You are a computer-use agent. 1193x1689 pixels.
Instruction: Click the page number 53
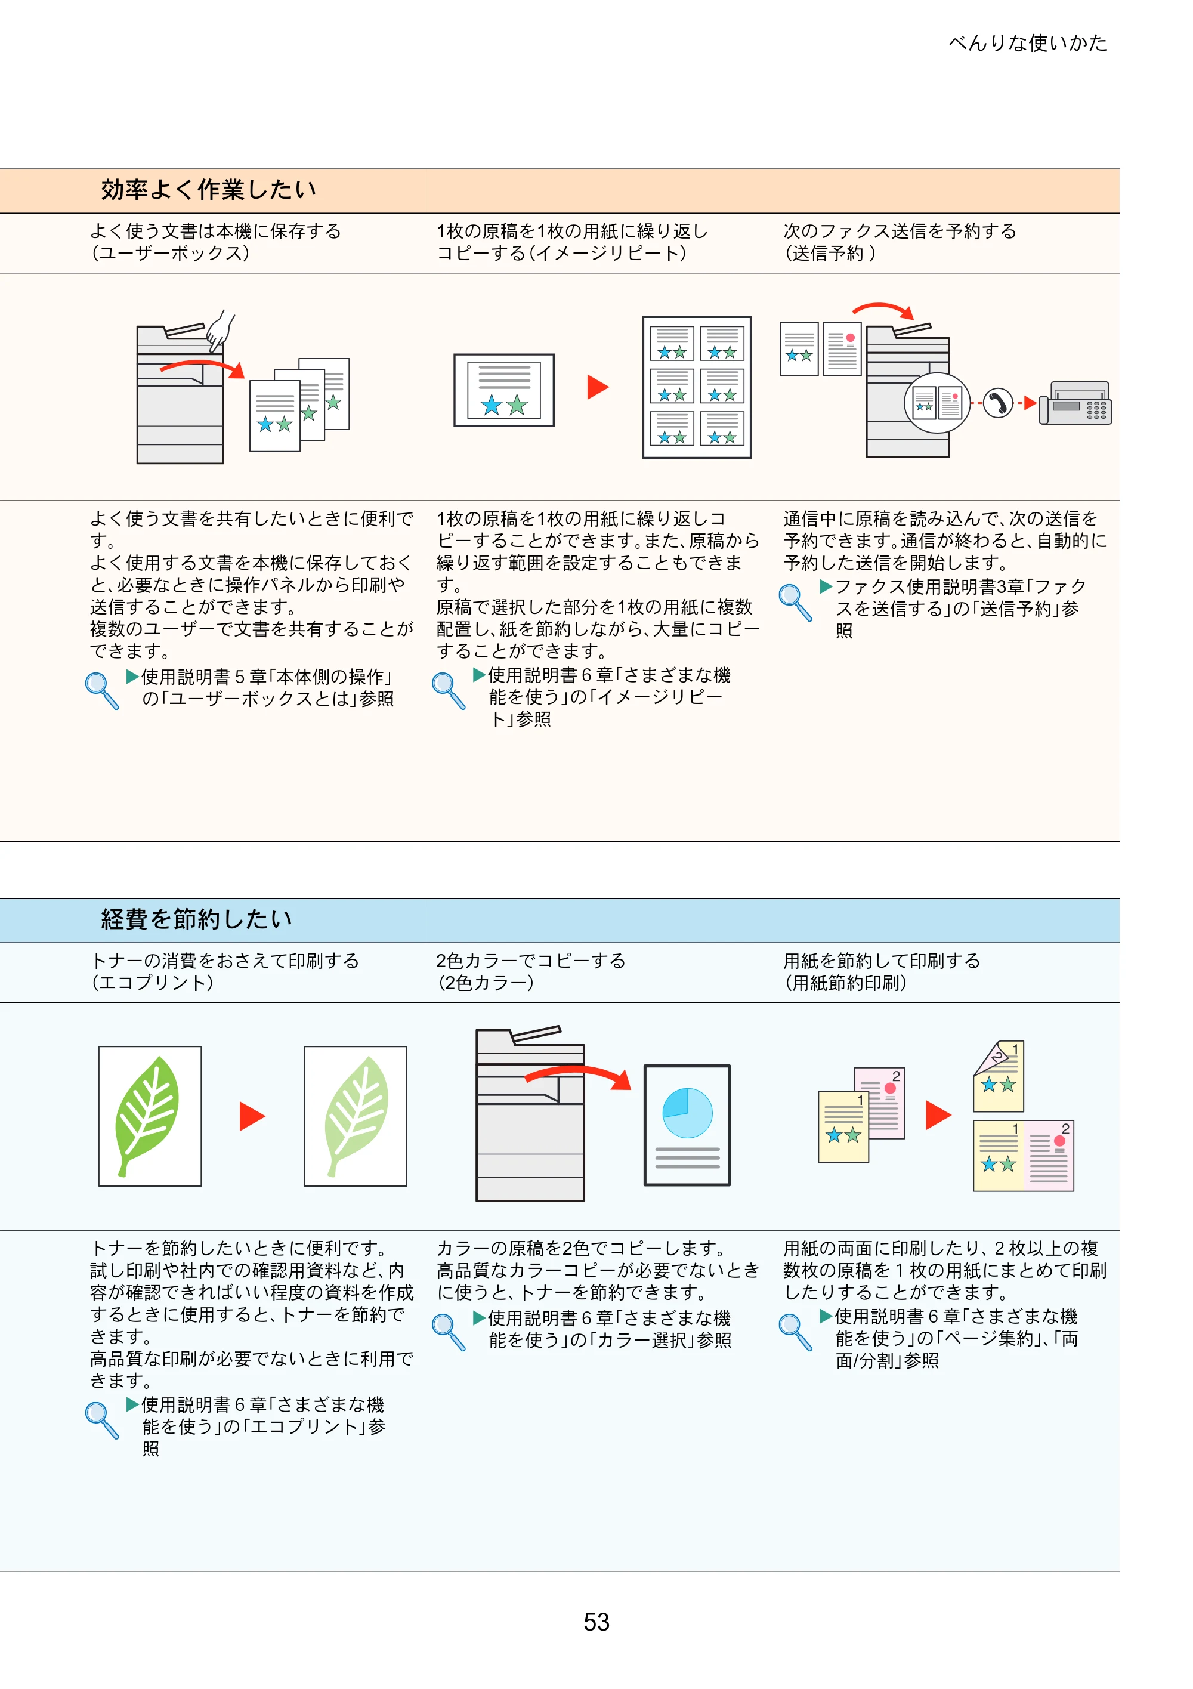click(x=596, y=1622)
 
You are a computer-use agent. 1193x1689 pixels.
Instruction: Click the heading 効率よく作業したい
click(x=209, y=190)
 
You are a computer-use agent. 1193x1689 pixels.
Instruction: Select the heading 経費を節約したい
click(x=196, y=919)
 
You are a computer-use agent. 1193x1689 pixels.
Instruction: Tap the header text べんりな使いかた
click(x=1028, y=43)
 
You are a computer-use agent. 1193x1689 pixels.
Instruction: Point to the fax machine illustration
click(x=1075, y=403)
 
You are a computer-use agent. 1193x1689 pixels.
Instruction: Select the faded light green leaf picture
click(x=356, y=1116)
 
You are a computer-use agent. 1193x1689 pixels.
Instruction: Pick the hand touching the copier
click(x=219, y=329)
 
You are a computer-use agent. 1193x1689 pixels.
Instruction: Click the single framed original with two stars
click(x=504, y=390)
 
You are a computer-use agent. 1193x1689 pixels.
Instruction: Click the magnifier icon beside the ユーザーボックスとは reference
click(x=101, y=691)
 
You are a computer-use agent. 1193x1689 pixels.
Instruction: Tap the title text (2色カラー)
click(x=486, y=983)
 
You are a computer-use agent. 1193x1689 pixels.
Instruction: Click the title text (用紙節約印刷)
click(x=845, y=983)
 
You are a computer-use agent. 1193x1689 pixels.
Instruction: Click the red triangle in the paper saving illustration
click(x=938, y=1114)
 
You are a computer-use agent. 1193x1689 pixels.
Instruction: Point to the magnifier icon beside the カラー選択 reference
click(x=449, y=1332)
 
